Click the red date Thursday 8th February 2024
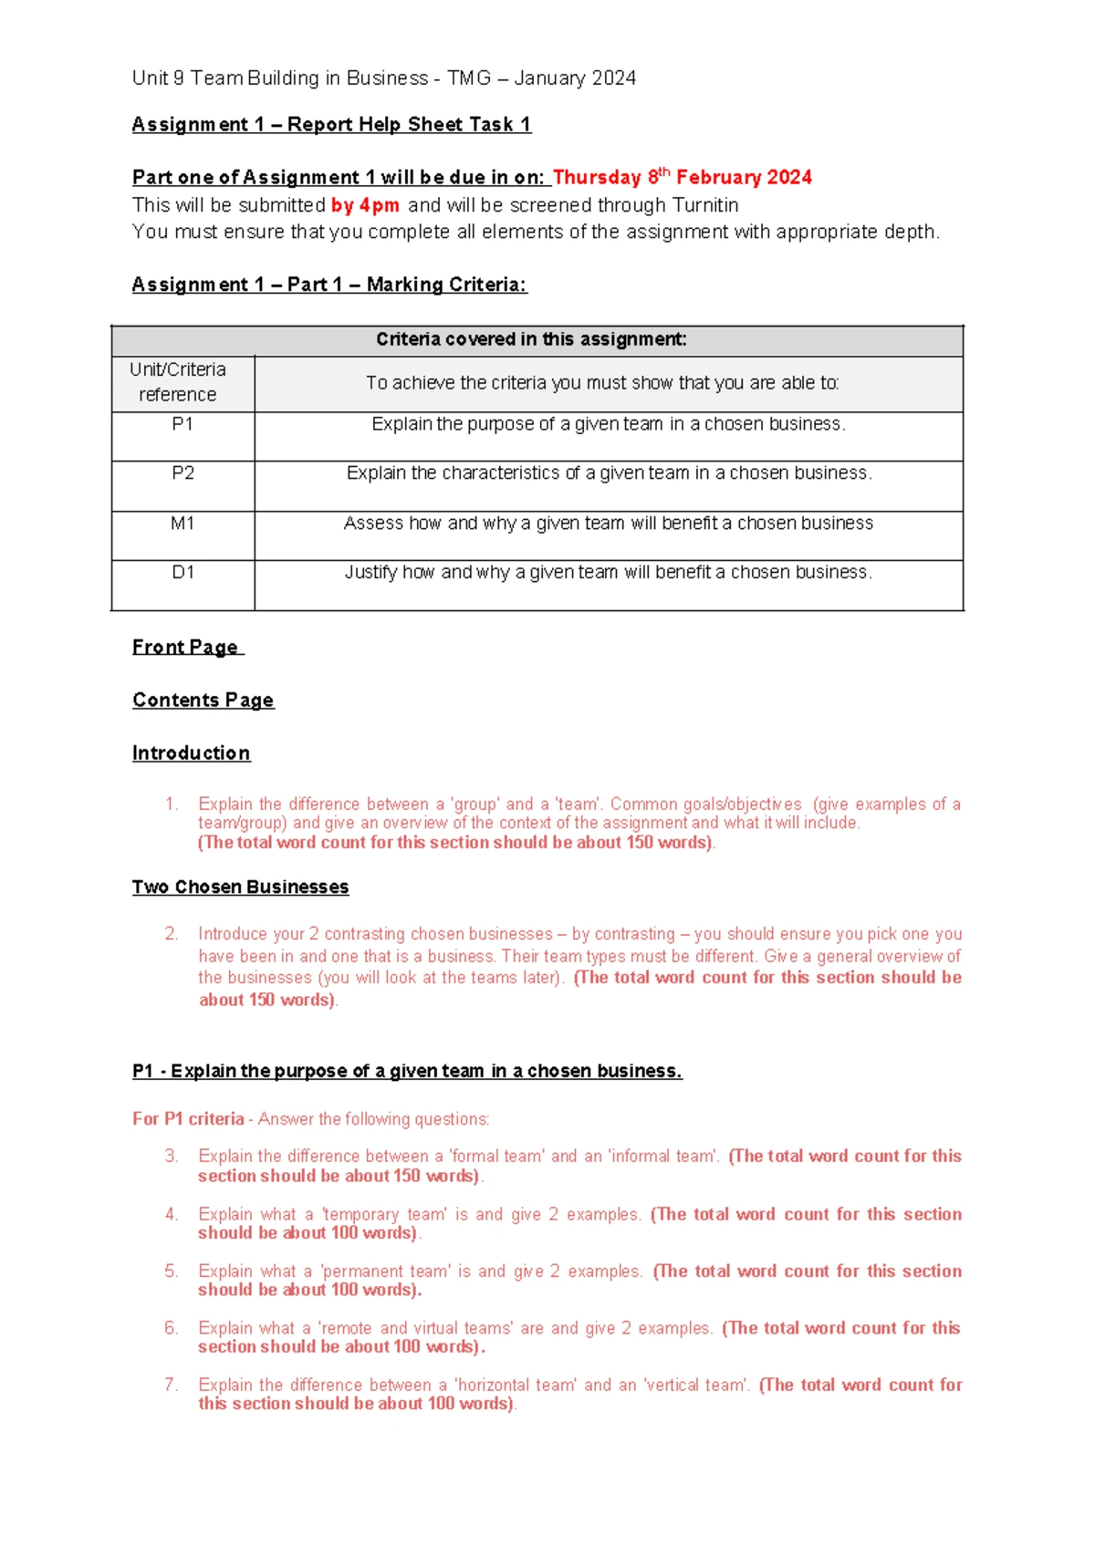(682, 177)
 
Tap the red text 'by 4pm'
(365, 205)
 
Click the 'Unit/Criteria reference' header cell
(178, 382)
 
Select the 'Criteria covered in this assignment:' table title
(531, 339)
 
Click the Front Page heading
(186, 647)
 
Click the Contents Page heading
(203, 700)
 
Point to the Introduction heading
(191, 753)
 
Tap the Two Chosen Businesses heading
(240, 887)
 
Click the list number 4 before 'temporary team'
(172, 1214)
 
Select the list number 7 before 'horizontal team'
(172, 1385)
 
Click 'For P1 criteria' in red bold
(188, 1118)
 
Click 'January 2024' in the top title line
(575, 78)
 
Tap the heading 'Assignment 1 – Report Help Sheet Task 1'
(331, 124)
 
